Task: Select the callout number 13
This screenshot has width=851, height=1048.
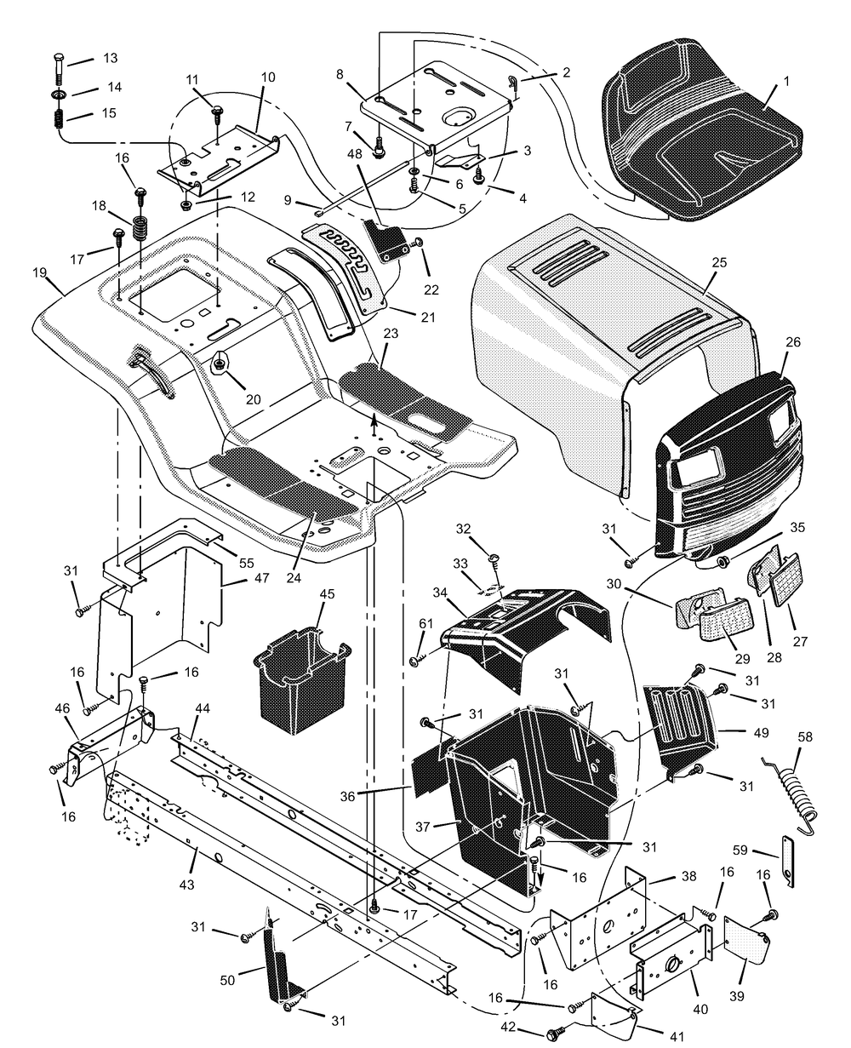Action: click(111, 58)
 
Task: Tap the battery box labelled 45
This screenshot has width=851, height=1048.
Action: click(301, 680)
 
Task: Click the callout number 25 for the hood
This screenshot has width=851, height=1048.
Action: click(719, 262)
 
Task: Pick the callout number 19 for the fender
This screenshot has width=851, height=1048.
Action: click(40, 272)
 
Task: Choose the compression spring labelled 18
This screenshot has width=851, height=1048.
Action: click(140, 228)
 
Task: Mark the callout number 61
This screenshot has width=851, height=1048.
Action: click(425, 624)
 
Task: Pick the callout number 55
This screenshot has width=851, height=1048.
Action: click(247, 563)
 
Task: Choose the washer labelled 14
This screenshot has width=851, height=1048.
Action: click(59, 94)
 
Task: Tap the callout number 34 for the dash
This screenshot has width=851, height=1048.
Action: click(440, 593)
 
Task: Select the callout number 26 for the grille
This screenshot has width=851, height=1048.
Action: click(793, 342)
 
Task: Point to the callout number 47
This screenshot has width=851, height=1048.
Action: click(262, 577)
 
